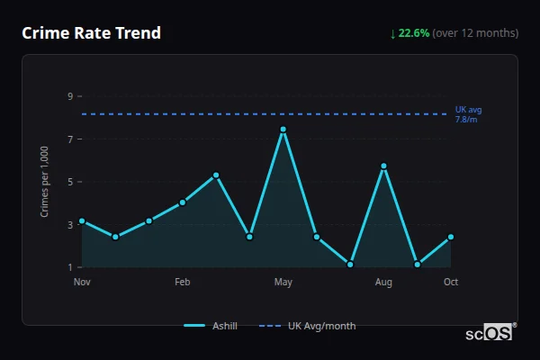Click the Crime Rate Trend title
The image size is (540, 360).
(92, 33)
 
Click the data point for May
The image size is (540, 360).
(283, 130)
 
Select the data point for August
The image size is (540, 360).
(383, 166)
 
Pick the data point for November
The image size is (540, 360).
(82, 220)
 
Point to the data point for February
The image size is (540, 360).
(183, 202)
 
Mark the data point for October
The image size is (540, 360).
(451, 237)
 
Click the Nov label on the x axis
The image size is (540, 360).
(82, 283)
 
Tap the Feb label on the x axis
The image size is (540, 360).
(183, 283)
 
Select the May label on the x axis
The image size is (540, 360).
(283, 283)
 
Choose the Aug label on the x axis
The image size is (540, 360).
(383, 283)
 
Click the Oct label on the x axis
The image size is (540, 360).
(451, 283)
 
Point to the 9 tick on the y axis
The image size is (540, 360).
(70, 96)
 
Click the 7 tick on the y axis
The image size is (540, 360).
(70, 139)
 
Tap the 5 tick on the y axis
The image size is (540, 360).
(70, 182)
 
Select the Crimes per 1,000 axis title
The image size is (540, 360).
(45, 182)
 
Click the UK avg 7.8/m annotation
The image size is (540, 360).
(468, 114)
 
